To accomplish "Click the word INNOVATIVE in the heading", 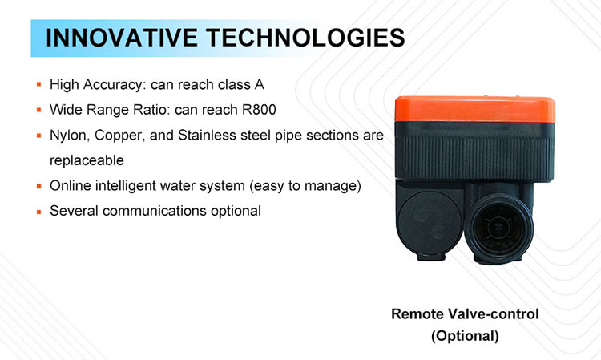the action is pos(122,38).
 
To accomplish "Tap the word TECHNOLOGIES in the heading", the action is pos(305,38).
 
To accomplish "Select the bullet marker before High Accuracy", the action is pos(38,84).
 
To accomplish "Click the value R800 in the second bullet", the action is pos(259,110).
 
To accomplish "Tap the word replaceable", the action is pos(87,160).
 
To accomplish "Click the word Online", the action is pos(71,185).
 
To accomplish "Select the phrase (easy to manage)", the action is pos(305,186).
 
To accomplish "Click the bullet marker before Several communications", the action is pos(38,211).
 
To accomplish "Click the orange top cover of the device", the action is pos(475,109).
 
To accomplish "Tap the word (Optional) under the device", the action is pos(465,336).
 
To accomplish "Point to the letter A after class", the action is pos(259,84).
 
